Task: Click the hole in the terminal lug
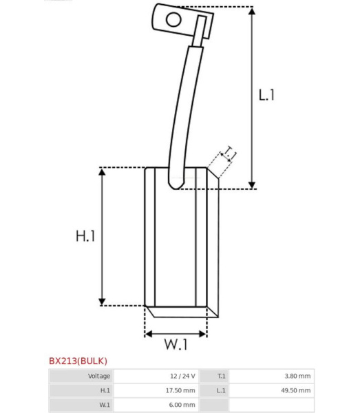[173, 19]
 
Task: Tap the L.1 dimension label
[266, 95]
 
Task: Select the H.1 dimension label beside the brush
[85, 236]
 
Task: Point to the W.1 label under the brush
[176, 344]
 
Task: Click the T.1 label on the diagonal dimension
[229, 154]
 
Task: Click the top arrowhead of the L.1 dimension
[252, 11]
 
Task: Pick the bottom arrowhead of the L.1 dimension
[252, 184]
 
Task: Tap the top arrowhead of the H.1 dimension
[102, 172]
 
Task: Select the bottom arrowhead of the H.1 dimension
[102, 301]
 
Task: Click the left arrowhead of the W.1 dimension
[149, 334]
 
